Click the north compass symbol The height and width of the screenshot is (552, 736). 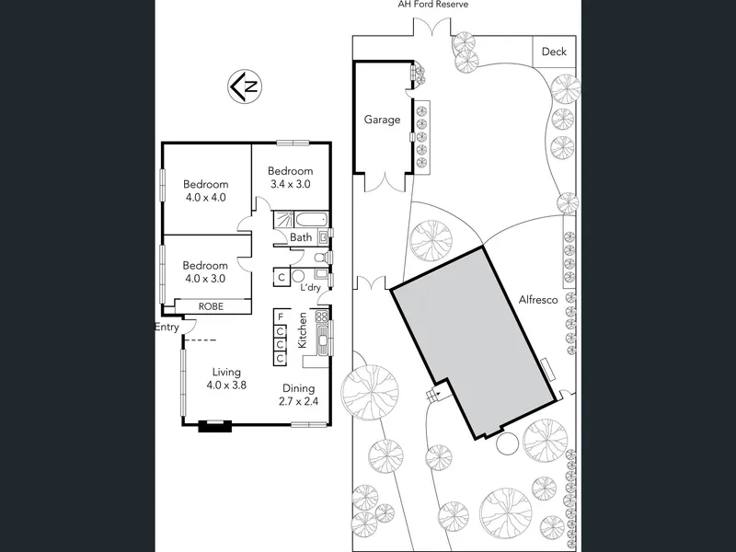(245, 86)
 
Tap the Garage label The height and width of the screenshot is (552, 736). (382, 120)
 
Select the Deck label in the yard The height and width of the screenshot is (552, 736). (554, 52)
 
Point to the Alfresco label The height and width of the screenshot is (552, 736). (538, 300)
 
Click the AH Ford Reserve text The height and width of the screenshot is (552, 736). (432, 5)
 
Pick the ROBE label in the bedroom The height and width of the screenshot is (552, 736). (211, 306)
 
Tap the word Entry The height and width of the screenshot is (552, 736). (167, 328)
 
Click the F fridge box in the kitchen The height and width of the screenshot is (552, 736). (281, 316)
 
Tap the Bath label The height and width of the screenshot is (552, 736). (301, 237)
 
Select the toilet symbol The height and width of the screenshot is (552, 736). (321, 258)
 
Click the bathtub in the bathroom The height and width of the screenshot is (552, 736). (311, 219)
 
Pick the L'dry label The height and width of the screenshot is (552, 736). (310, 287)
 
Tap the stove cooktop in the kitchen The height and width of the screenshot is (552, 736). (322, 316)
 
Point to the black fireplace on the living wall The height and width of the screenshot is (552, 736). (215, 426)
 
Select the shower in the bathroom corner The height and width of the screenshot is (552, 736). (284, 220)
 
